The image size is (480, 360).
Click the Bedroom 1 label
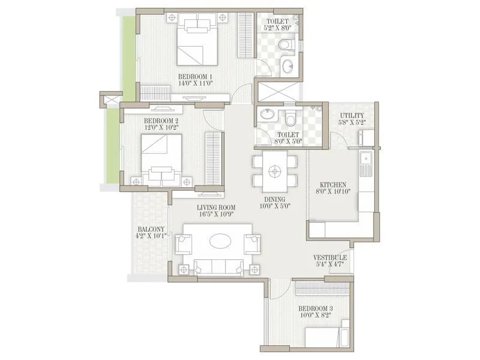[196, 76]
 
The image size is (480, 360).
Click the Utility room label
[352, 116]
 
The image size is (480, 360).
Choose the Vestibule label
[330, 258]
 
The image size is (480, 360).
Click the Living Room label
[217, 208]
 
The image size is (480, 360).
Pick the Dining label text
[272, 199]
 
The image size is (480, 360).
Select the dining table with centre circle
[275, 170]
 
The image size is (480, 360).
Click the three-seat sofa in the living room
[218, 266]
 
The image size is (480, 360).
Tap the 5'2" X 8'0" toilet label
[278, 26]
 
